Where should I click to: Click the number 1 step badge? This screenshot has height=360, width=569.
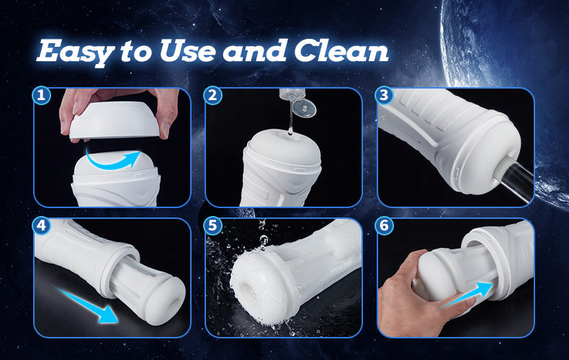click(41, 96)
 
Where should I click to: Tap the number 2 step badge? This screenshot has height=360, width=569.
click(212, 96)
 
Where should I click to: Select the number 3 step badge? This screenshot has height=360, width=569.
click(385, 96)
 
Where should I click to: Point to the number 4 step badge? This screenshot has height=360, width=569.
click(41, 226)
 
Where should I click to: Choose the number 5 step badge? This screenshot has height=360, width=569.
click(212, 226)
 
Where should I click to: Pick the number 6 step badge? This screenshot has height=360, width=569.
click(385, 226)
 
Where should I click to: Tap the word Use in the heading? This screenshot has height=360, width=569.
click(188, 50)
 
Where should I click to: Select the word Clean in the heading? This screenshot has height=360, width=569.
click(341, 50)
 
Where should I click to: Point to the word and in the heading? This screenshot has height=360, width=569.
click(255, 50)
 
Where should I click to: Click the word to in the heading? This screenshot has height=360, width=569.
click(135, 52)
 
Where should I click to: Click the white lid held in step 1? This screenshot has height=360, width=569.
click(115, 120)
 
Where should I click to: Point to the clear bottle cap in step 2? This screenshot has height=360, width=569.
click(304, 108)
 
